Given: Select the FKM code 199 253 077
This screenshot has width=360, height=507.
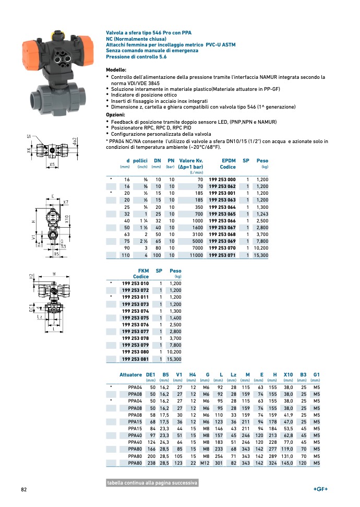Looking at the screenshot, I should coord(135,332).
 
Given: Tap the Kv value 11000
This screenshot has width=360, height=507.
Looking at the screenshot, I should coord(196,255).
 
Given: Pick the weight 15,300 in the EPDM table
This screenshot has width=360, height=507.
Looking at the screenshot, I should coord(260,255).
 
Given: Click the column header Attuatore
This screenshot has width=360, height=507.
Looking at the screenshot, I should coord(130,375).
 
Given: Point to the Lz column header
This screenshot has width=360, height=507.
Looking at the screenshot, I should coord(233,375).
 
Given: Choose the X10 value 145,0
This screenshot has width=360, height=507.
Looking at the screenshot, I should coord(287,463).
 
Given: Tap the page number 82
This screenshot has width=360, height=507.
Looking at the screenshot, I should coord(23,489).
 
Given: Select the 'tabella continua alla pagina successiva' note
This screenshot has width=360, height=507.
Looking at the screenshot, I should coord(152,483).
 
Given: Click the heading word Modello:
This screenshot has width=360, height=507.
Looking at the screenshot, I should coord(116,70).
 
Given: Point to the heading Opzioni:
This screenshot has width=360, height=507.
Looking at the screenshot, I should coord(115,115).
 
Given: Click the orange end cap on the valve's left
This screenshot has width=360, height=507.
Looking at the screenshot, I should coord(30,49).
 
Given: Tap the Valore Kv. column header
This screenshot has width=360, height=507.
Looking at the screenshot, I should coord(191,161).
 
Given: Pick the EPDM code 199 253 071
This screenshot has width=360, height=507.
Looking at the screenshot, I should coord(222,255).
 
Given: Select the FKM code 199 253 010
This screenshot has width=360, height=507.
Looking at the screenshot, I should coord(135,283).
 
